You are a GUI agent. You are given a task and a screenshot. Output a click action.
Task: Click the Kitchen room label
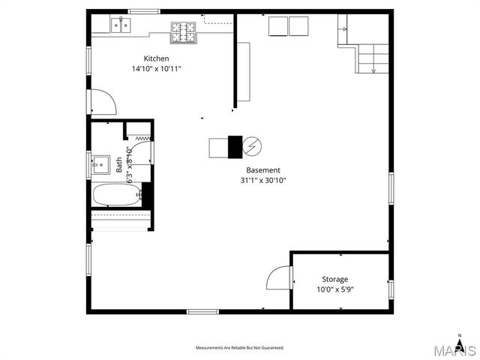[x=157, y=58]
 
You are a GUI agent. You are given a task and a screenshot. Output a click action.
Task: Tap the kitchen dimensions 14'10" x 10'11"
[x=156, y=68]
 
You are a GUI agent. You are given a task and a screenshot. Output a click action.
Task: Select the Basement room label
[x=263, y=170]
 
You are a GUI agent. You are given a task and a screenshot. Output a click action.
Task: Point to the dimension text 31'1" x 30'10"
[x=263, y=180]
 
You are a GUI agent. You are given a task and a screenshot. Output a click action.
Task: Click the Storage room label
[x=335, y=279]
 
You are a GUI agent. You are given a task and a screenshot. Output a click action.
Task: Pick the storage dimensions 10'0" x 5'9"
[x=335, y=289]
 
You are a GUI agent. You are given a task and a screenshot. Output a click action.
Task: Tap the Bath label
[x=119, y=165]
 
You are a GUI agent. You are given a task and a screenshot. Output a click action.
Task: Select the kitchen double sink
[x=120, y=25]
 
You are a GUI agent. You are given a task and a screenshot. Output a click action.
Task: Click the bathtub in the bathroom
[x=116, y=196]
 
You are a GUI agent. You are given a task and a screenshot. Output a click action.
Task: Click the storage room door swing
[x=279, y=278]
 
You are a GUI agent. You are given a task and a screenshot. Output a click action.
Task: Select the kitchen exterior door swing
[x=102, y=102]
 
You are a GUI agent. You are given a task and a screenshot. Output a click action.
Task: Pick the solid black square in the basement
[x=235, y=145]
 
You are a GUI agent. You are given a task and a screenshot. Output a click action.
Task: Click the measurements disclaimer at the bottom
[x=240, y=348]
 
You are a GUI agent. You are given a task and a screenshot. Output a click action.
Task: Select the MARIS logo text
[x=457, y=350]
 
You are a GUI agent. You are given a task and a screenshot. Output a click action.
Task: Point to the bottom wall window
[x=202, y=310]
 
